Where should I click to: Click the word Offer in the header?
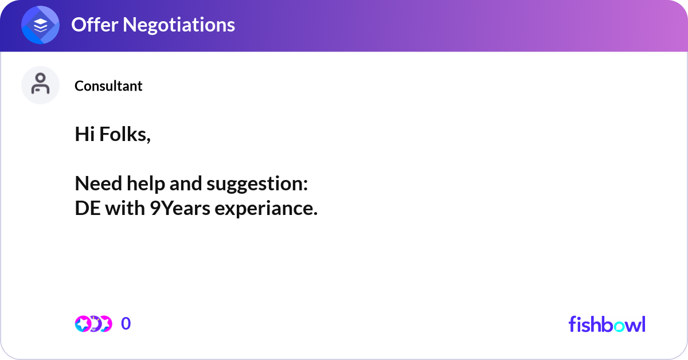(95, 25)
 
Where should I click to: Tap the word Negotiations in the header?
(179, 25)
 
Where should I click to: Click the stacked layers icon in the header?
(40, 25)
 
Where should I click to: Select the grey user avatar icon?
(40, 85)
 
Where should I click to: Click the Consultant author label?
(108, 86)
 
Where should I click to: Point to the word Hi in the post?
(84, 134)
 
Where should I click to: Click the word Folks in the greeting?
(125, 135)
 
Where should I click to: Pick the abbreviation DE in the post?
(88, 208)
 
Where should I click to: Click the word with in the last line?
(125, 208)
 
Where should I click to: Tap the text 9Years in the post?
(180, 208)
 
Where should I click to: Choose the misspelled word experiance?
(266, 209)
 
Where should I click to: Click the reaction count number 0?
(126, 323)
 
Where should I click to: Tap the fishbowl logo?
(607, 324)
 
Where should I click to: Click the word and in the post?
(186, 183)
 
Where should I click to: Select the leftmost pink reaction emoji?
(83, 324)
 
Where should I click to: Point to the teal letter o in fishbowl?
(619, 326)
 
